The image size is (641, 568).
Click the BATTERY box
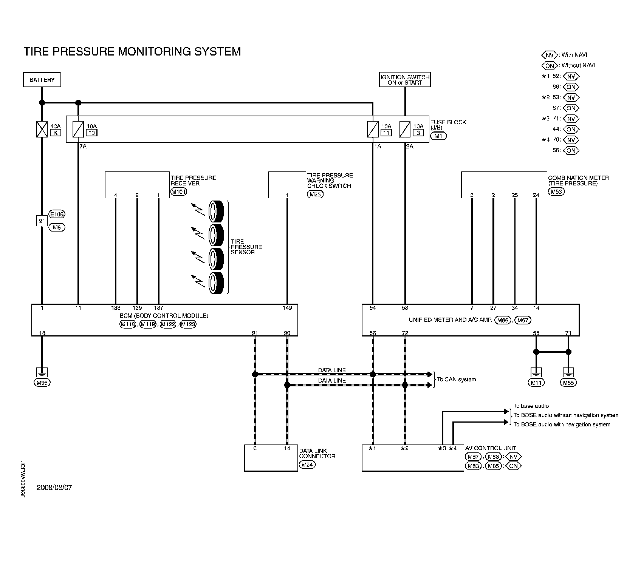tap(42, 80)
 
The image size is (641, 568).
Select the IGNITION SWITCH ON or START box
tap(405, 80)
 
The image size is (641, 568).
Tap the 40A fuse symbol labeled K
tap(42, 130)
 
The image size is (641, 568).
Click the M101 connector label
tap(179, 191)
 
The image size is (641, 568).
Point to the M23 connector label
tap(315, 194)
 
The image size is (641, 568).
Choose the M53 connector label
tap(556, 191)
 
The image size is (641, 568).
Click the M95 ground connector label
tap(42, 383)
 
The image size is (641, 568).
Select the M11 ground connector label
tap(536, 383)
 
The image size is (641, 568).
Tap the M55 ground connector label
tap(568, 383)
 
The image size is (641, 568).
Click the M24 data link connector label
tap(307, 465)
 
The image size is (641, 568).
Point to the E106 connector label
tap(57, 215)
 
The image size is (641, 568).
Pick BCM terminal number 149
tap(287, 308)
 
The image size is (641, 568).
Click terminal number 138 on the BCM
tap(116, 308)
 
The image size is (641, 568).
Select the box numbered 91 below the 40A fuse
tap(42, 221)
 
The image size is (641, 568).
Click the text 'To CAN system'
tap(457, 379)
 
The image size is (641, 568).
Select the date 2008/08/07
tap(54, 487)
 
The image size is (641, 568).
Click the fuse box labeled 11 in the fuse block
tap(386, 133)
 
